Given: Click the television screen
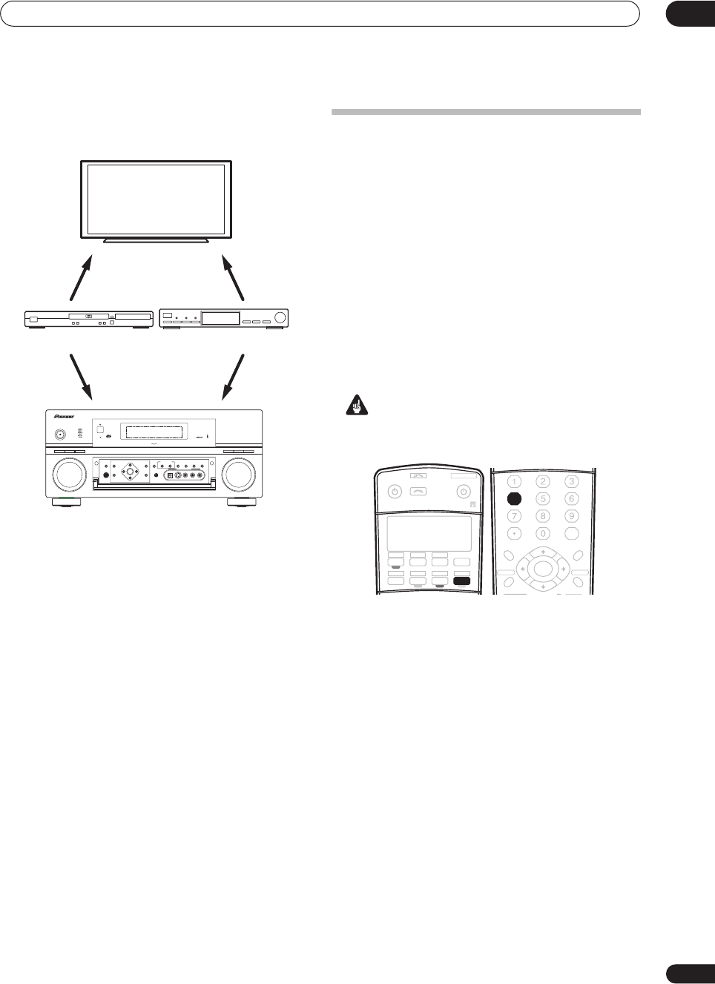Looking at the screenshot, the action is (156, 199).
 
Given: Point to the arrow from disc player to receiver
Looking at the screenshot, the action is (81, 375).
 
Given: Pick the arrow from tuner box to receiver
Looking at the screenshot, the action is (233, 375).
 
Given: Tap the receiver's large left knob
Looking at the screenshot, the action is (67, 475).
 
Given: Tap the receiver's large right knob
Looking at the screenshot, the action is (239, 475).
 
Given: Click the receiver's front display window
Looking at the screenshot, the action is (155, 432).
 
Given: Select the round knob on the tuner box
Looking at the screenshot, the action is (280, 318).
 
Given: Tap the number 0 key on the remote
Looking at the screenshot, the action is (543, 533).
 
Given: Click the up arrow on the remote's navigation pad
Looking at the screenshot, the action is (543, 552).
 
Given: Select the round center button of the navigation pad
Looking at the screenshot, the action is (543, 569).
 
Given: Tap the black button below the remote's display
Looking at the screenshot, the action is (461, 581).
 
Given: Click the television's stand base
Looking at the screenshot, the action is (156, 240).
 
